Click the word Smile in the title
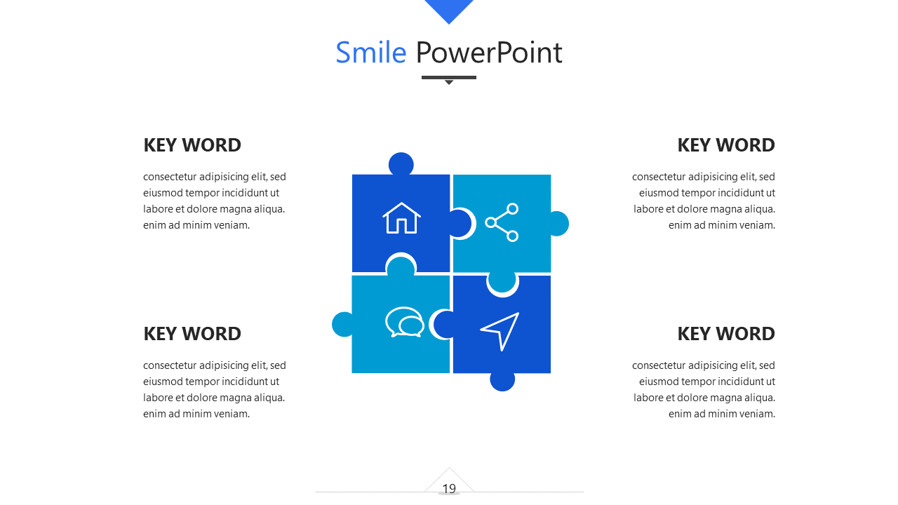click(371, 53)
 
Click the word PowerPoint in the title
click(489, 53)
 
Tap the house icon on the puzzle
click(401, 217)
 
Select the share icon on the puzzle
click(502, 222)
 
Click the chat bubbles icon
click(405, 322)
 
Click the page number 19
click(449, 489)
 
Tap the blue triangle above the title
click(449, 10)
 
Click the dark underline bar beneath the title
click(449, 77)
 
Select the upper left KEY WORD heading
click(192, 145)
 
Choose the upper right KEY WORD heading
click(726, 145)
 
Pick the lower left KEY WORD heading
click(192, 334)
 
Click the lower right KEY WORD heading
click(726, 334)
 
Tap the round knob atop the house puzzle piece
click(401, 164)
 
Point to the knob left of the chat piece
click(343, 324)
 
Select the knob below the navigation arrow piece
click(502, 381)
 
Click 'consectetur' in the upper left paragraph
click(170, 177)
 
